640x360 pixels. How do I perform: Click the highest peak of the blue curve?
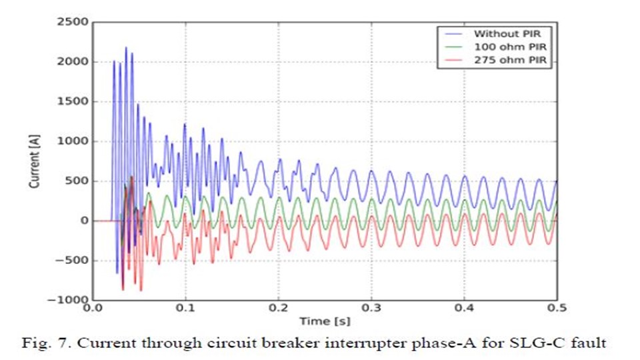126,48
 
